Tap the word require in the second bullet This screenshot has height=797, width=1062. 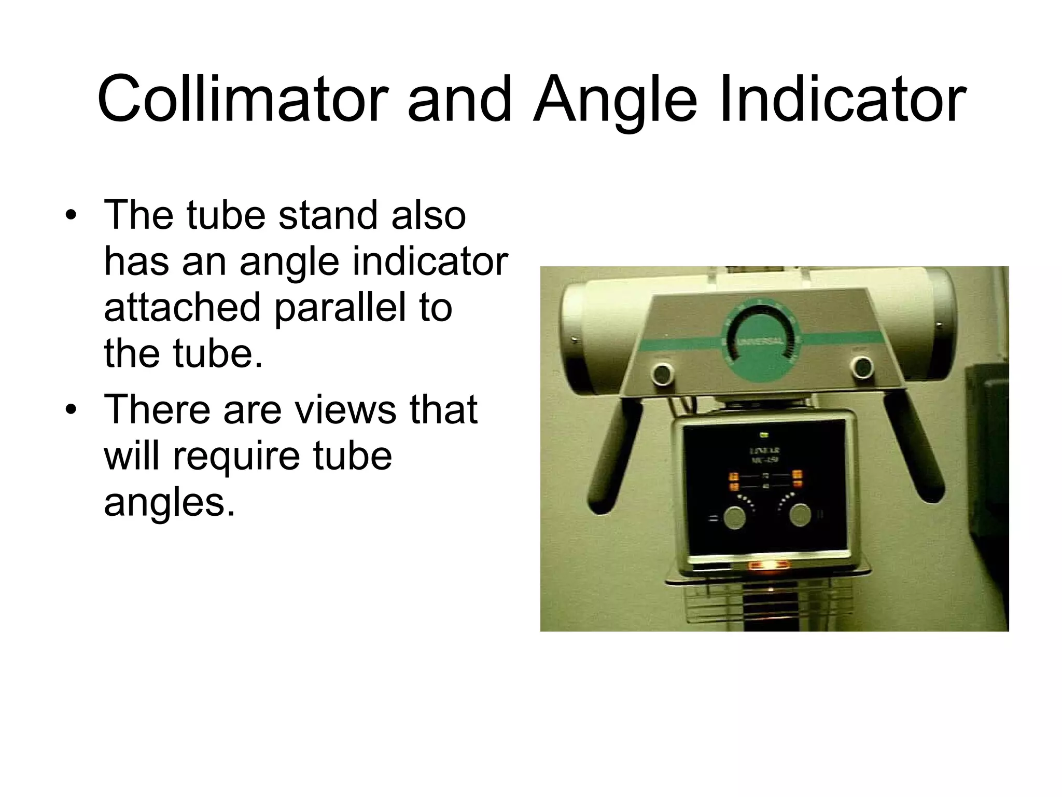pos(236,456)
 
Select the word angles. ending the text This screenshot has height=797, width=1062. pos(169,502)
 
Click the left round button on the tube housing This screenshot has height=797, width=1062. pos(662,373)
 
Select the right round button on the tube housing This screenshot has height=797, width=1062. pos(862,367)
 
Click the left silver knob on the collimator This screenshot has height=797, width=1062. pos(734,517)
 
